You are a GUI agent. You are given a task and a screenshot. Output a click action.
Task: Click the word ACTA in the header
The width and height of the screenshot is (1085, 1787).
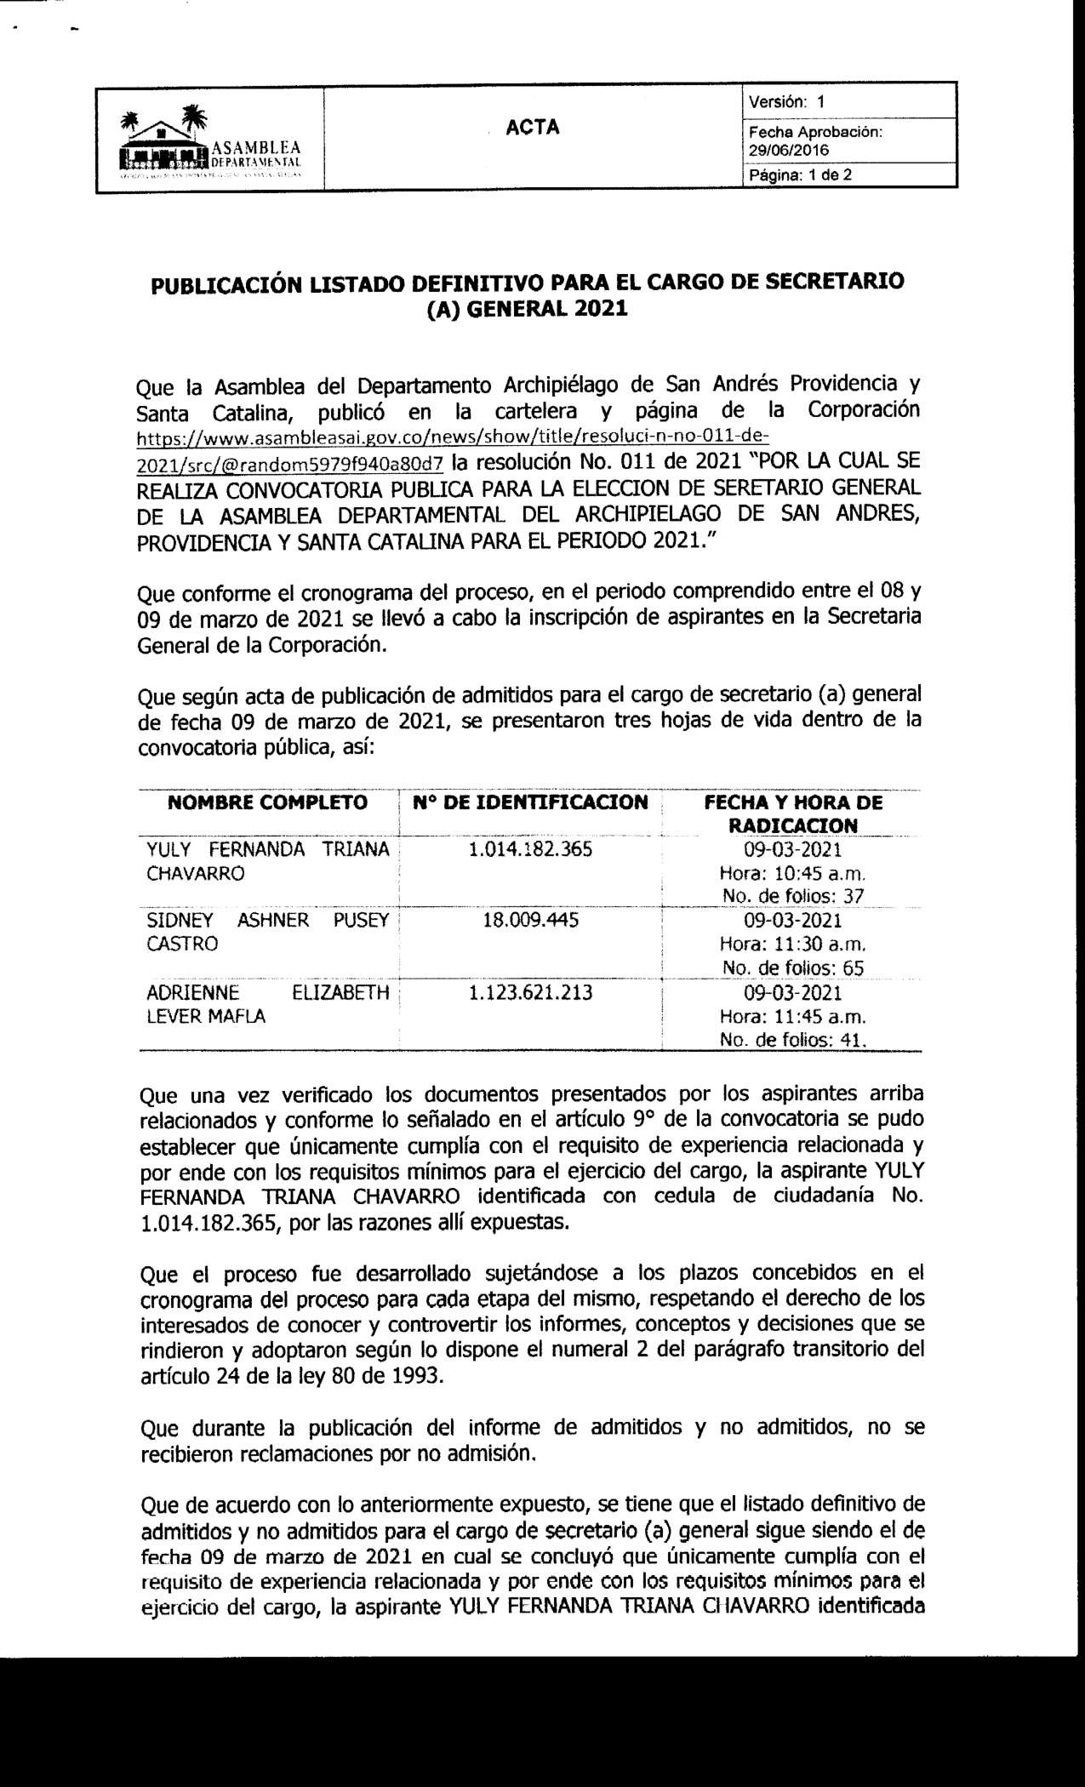pyautogui.click(x=533, y=128)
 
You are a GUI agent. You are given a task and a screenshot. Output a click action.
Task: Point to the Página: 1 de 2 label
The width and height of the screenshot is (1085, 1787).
pyautogui.click(x=800, y=175)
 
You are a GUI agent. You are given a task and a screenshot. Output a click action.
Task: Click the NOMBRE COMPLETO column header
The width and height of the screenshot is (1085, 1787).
pyautogui.click(x=268, y=802)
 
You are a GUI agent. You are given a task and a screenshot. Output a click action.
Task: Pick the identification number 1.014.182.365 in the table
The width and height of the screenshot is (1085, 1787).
pyautogui.click(x=530, y=849)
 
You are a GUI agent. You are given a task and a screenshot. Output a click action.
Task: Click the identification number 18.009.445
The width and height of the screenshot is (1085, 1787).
pyautogui.click(x=530, y=920)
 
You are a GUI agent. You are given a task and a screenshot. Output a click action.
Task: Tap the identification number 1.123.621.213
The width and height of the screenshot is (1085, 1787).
pyautogui.click(x=530, y=992)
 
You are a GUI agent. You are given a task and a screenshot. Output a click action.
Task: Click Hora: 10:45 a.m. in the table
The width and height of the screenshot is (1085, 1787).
pyautogui.click(x=793, y=872)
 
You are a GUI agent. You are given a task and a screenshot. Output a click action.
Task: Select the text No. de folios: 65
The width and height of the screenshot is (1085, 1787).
pyautogui.click(x=793, y=967)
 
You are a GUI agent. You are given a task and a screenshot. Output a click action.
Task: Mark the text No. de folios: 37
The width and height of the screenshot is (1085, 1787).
pyautogui.click(x=793, y=894)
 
